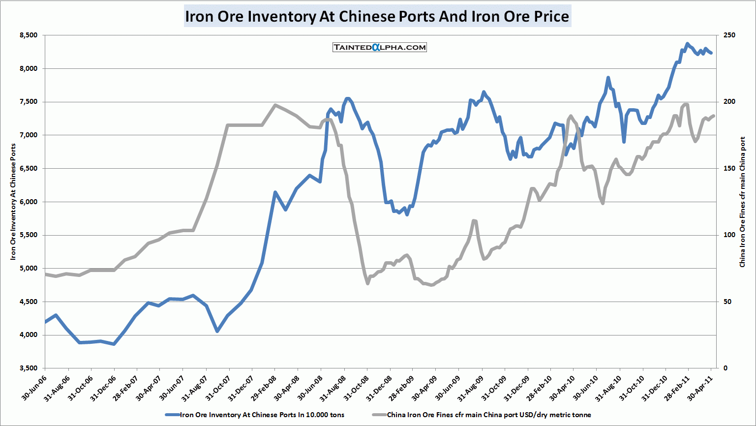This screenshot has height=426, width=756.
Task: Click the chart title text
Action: [x=377, y=16]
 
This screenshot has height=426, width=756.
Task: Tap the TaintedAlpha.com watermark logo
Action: [x=380, y=47]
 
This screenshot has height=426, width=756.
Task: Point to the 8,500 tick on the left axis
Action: [x=29, y=35]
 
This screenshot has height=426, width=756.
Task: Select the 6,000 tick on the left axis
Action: [x=29, y=202]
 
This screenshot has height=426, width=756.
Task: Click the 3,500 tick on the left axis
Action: [x=29, y=368]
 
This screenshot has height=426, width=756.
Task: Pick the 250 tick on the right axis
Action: [x=729, y=35]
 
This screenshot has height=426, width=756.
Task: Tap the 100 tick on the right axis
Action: [x=729, y=235]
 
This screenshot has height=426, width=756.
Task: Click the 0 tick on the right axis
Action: [x=725, y=368]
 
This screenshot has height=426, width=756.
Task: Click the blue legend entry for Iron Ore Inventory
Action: [x=262, y=415]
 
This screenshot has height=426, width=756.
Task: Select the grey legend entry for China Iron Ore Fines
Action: [x=488, y=415]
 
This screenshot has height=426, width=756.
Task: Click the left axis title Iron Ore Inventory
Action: [x=13, y=202]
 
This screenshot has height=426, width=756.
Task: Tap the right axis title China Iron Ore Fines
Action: [x=743, y=202]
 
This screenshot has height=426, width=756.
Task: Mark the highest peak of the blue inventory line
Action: [x=687, y=44]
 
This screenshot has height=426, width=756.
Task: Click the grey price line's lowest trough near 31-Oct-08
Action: [x=367, y=283]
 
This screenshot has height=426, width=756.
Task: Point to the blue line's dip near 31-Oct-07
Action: [x=217, y=331]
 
